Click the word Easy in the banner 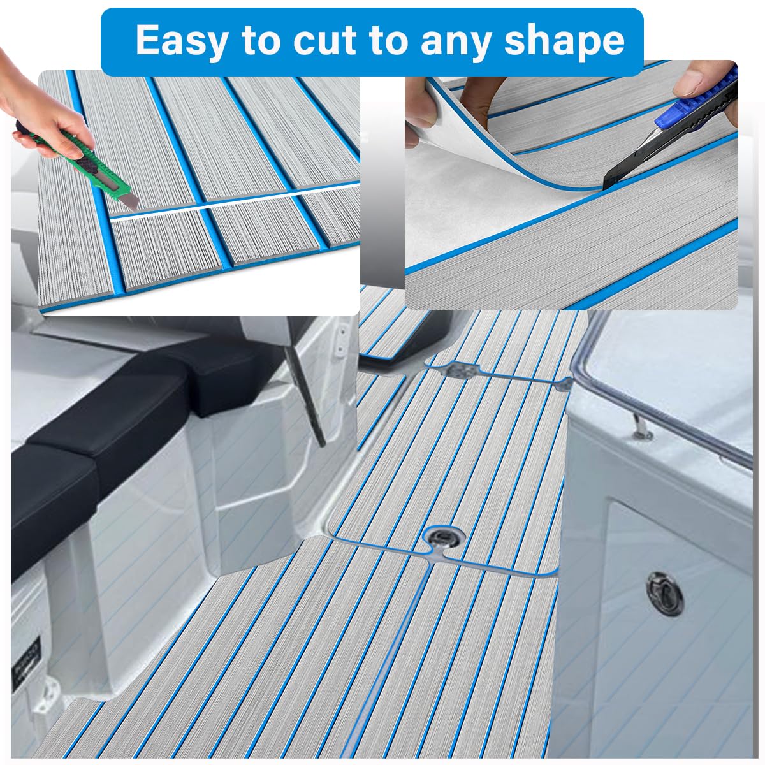181,41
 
